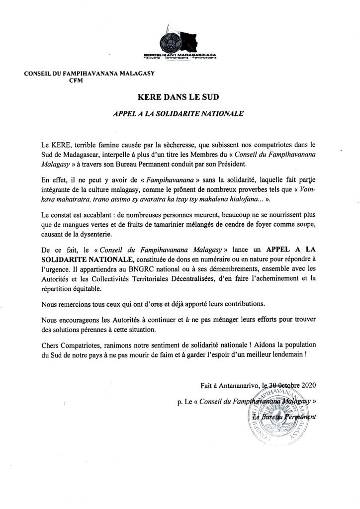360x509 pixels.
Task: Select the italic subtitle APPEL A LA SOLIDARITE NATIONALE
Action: pyautogui.click(x=180, y=113)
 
